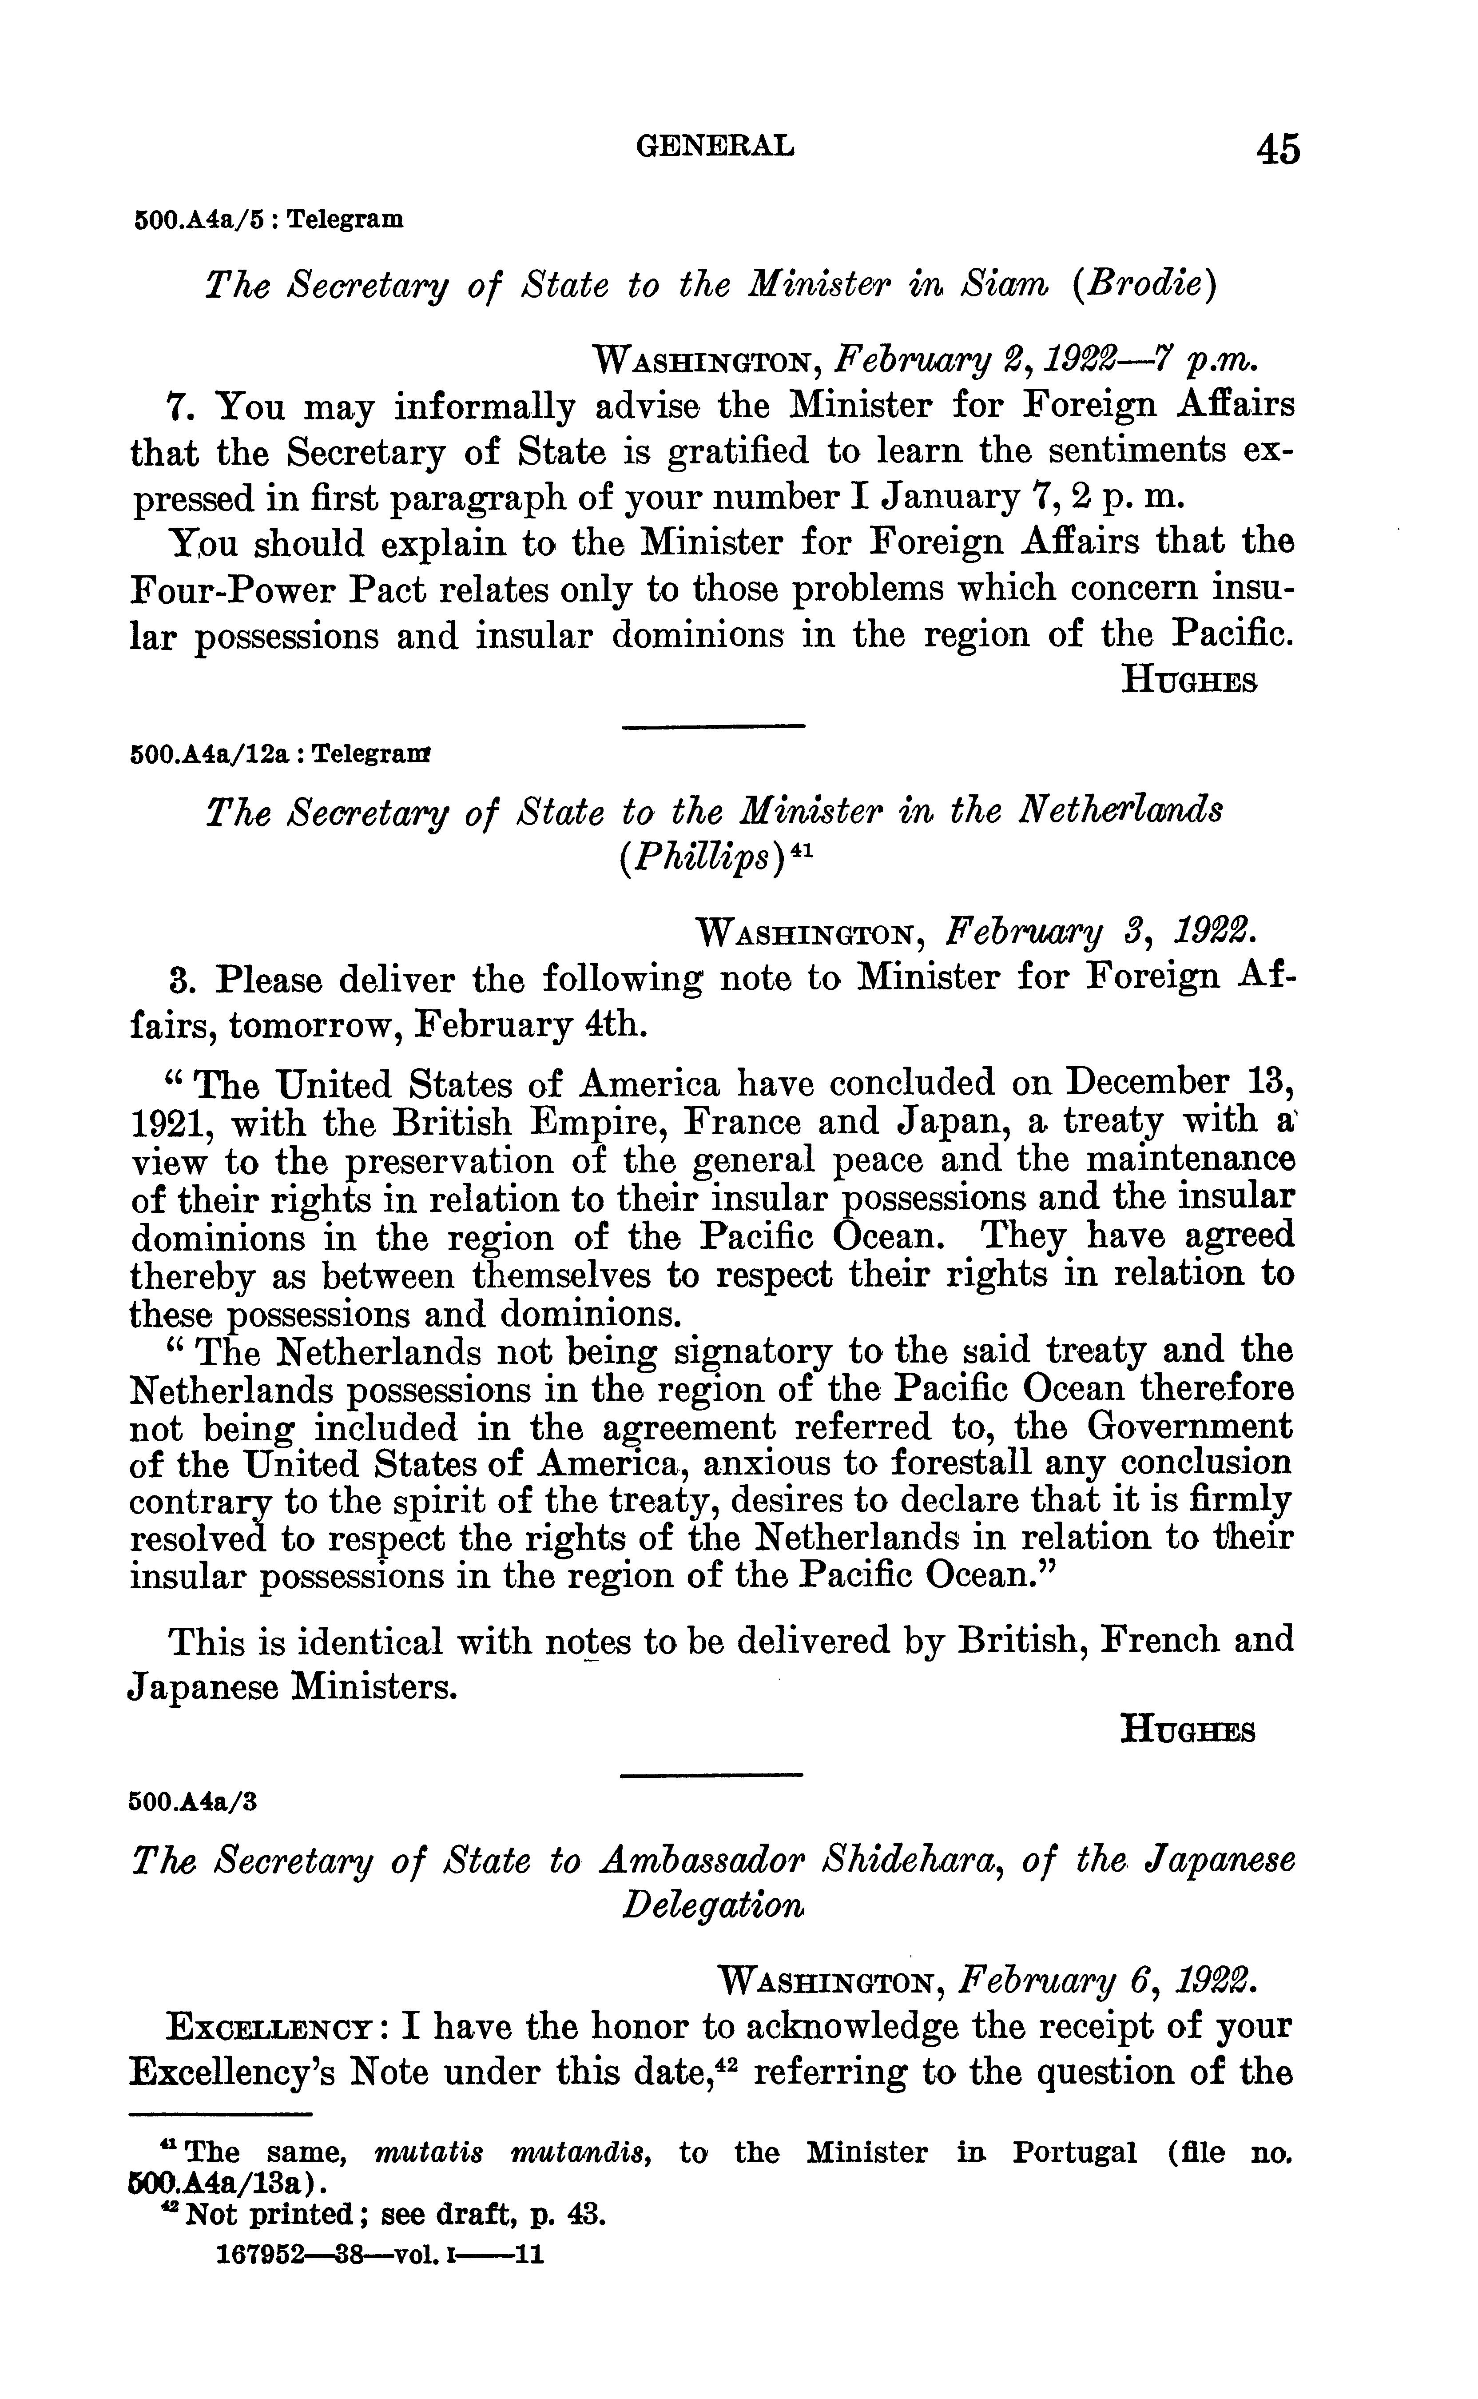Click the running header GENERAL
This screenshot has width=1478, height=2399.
click(x=715, y=147)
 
